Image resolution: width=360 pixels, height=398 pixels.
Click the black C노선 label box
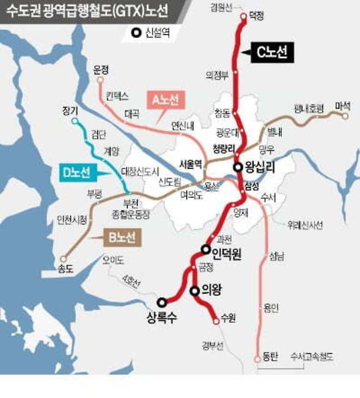(272, 52)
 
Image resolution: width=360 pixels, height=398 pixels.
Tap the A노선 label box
(166, 99)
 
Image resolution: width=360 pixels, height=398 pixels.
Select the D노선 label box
(75, 173)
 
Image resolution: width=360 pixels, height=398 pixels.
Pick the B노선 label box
(121, 237)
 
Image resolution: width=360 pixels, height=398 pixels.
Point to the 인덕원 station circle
(206, 250)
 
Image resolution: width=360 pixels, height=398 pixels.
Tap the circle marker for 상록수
(161, 302)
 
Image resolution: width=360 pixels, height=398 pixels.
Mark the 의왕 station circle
(194, 291)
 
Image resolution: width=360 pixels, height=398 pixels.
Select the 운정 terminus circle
(100, 80)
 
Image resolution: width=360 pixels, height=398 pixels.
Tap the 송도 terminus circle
(64, 259)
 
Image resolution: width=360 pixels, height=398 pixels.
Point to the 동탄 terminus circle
(257, 359)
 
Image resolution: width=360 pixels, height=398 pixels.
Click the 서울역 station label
(191, 163)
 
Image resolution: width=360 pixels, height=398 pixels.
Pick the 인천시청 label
(72, 220)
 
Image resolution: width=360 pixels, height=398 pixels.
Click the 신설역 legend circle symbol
(135, 33)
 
